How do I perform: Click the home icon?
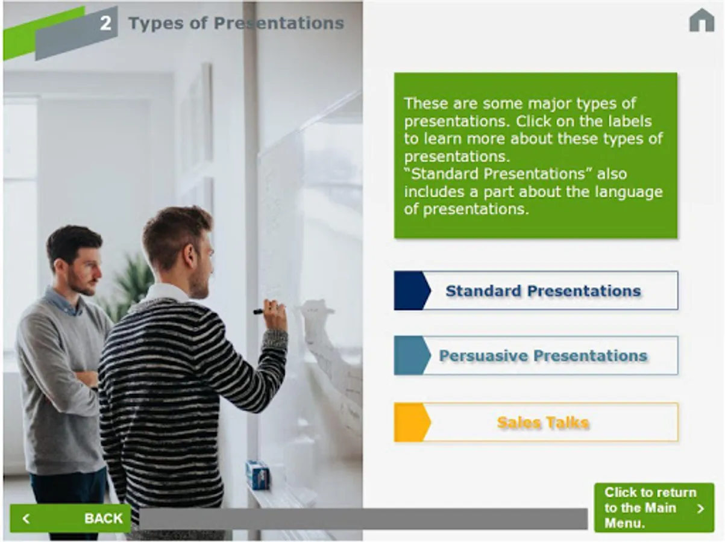coord(701,20)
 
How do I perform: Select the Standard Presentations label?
coord(536,290)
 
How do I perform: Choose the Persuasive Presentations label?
coord(536,355)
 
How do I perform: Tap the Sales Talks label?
coord(536,422)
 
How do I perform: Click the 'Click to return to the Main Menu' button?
coord(654,508)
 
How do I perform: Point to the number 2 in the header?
coord(105,23)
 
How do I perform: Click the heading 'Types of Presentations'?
coord(236,23)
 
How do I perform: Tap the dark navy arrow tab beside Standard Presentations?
coord(412,290)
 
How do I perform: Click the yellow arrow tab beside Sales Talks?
coord(412,422)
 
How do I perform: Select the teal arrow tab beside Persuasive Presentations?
coord(412,355)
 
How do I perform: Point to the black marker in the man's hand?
coord(259,311)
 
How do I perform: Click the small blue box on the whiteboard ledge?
coord(257,475)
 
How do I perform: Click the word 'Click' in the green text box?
coord(533,122)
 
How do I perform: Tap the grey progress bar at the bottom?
coord(363,519)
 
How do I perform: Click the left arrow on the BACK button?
coord(27,519)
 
